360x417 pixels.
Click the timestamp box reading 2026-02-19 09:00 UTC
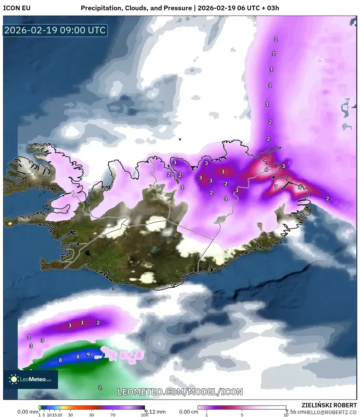[55, 30]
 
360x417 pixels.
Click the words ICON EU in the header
[17, 8]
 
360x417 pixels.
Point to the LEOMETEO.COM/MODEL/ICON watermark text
[180, 392]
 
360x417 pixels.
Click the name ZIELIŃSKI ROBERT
[329, 405]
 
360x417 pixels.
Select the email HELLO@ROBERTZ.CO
[331, 412]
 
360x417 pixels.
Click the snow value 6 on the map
[266, 170]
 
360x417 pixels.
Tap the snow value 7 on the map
[276, 187]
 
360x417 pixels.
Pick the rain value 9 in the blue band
[88, 354]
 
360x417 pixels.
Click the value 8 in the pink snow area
[300, 187]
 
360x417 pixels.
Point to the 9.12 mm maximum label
[155, 412]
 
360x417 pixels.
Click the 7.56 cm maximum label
[295, 412]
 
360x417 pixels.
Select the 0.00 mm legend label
[27, 412]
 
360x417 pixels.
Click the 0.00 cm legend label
[189, 412]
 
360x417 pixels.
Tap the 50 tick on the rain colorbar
[92, 415]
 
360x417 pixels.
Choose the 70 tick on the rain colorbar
[113, 415]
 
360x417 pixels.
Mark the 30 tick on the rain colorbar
[70, 415]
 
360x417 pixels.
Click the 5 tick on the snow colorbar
[242, 415]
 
